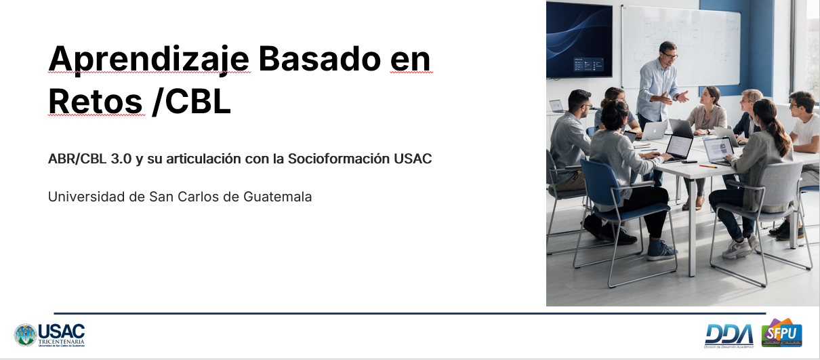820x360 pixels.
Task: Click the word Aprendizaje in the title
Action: [x=148, y=60]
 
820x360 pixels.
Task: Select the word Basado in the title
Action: [x=320, y=58]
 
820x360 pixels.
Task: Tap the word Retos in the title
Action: [x=95, y=102]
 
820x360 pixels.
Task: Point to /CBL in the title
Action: [x=192, y=102]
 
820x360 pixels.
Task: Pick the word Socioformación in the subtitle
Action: [x=339, y=159]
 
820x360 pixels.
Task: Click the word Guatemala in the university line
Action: [x=277, y=197]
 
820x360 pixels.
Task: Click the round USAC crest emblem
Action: [x=25, y=335]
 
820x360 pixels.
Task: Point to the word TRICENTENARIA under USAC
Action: [x=62, y=342]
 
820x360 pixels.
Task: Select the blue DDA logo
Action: [x=729, y=334]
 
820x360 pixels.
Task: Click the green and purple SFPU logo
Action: [x=781, y=332]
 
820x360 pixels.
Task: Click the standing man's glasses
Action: [x=671, y=56]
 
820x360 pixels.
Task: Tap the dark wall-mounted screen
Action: [x=579, y=39]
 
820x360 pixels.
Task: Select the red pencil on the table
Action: [x=708, y=167]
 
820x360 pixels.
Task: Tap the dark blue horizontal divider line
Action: [x=409, y=313]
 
